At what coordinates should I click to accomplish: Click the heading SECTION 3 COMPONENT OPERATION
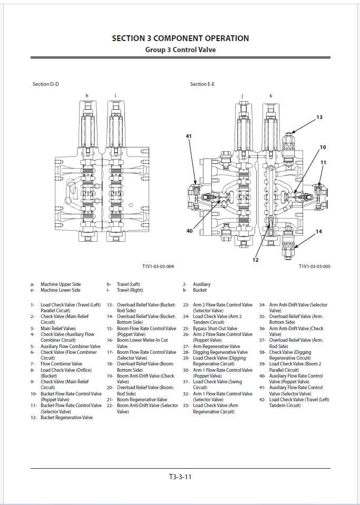180,38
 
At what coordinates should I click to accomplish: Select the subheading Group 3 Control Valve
180,49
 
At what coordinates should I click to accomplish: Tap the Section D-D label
46,84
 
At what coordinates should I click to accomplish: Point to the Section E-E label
202,84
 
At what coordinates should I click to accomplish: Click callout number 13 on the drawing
319,117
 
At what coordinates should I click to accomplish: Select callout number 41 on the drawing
189,136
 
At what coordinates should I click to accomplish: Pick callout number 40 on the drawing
189,231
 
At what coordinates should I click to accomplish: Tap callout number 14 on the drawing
318,231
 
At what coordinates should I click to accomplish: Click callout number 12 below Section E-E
255,260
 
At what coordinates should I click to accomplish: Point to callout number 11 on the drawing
323,163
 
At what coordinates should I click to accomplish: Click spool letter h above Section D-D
87,95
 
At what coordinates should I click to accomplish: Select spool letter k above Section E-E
270,95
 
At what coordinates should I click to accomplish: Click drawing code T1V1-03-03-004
158,266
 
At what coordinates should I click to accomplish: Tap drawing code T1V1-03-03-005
314,266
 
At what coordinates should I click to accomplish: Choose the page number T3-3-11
180,477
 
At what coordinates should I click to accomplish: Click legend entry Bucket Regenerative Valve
66,418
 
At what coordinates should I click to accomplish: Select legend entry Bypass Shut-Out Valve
215,329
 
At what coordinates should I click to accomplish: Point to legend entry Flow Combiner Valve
61,364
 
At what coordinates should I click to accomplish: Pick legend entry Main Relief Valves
58,329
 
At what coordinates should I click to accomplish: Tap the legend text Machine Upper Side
61,284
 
